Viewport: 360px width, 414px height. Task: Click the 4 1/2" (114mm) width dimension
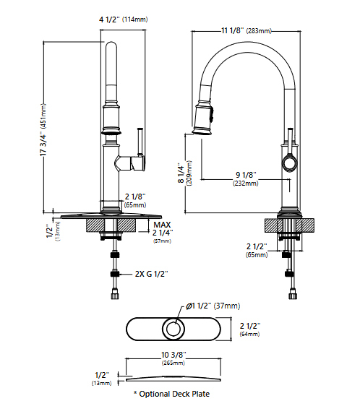(124, 20)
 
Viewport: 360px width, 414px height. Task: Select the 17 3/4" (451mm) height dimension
(43, 129)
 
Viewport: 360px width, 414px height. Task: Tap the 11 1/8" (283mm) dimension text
(247, 30)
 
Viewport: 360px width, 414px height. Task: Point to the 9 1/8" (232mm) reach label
(246, 178)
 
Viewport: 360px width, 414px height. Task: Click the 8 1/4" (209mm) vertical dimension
(184, 173)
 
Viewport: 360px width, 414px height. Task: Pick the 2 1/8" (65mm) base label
(135, 200)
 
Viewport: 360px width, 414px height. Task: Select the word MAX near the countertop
(162, 225)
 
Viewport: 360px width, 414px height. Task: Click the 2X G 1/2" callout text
(151, 274)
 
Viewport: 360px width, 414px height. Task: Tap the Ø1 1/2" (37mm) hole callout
(213, 306)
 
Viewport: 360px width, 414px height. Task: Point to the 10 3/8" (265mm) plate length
(173, 358)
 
